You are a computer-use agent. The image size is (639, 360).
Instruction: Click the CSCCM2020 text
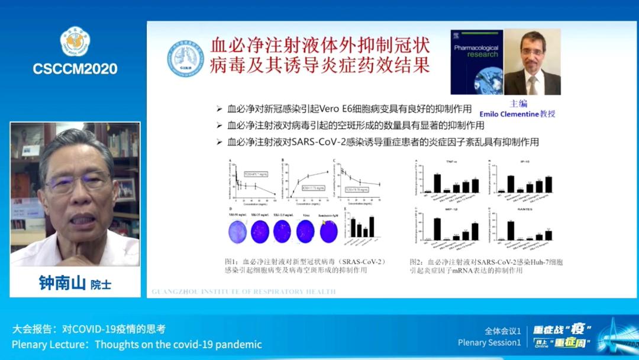point(75,69)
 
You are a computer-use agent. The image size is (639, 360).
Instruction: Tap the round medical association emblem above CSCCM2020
point(75,41)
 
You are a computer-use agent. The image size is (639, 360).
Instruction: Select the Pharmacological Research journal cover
point(476,62)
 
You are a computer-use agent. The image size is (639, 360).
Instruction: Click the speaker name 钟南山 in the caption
point(63,283)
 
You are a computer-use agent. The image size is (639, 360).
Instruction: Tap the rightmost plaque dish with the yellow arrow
point(328,232)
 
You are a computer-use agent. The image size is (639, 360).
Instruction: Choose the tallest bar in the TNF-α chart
point(437,183)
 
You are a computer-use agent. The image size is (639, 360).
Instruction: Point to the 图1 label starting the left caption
point(231,261)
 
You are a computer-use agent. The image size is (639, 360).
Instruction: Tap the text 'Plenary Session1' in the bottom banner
point(489,342)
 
